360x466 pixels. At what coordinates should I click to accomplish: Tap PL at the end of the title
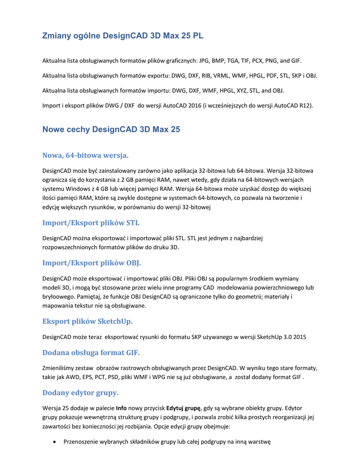(197, 36)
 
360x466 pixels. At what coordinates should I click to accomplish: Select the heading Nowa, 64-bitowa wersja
(86, 156)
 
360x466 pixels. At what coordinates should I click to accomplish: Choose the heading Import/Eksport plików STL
(91, 223)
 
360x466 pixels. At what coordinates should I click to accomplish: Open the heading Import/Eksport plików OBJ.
(91, 263)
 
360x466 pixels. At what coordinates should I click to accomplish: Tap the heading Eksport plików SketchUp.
(87, 321)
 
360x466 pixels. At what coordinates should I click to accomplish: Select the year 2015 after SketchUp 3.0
(298, 337)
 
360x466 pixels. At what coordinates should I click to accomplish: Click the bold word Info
(121, 408)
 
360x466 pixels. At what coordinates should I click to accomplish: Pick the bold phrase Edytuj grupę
(183, 408)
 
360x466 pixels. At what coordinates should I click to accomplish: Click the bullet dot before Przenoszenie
(55, 441)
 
